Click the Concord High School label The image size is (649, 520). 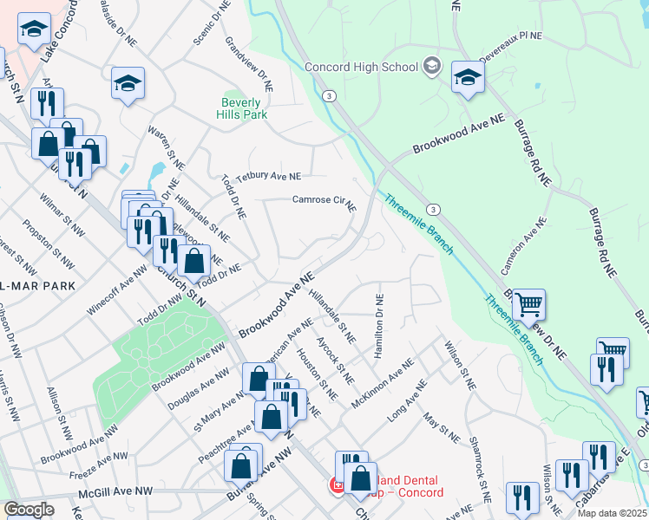[x=361, y=68]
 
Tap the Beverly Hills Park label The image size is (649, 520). [x=243, y=107]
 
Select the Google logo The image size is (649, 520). [x=29, y=510]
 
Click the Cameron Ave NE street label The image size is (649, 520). [x=523, y=244]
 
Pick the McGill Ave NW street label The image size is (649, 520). [x=115, y=491]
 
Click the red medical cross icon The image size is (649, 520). [x=335, y=485]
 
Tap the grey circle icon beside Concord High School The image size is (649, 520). [x=431, y=67]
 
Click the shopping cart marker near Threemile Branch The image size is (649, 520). [x=528, y=305]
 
